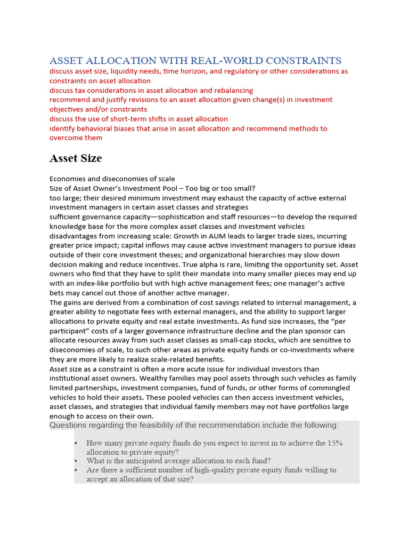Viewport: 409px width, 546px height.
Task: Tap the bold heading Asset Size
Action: pyautogui.click(x=76, y=158)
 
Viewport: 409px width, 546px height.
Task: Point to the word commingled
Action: pyautogui.click(x=325, y=388)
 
